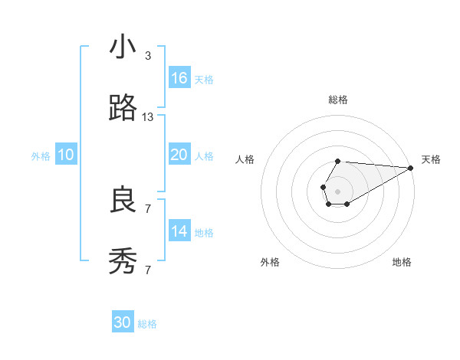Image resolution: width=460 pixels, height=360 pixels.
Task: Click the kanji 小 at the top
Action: (x=123, y=47)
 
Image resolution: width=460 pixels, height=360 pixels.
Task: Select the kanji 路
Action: (x=123, y=110)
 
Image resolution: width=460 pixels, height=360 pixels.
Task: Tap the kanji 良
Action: (x=123, y=201)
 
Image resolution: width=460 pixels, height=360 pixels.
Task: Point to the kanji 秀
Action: (x=123, y=263)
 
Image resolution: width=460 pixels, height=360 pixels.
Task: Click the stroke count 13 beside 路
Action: (x=148, y=117)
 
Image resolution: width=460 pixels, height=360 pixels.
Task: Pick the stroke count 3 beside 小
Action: (x=148, y=55)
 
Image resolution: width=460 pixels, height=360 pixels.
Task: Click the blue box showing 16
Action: (x=179, y=78)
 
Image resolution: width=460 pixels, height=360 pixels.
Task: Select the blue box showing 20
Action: (x=179, y=155)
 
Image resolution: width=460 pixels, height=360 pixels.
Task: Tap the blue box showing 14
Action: (x=179, y=231)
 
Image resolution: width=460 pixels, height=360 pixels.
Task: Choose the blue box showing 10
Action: (x=66, y=155)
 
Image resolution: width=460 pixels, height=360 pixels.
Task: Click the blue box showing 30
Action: (x=123, y=322)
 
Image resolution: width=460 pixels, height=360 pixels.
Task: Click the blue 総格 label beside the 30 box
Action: (x=147, y=324)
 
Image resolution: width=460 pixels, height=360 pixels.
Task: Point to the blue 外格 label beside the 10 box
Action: (x=41, y=156)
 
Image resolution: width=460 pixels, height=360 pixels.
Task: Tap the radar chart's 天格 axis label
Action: (x=431, y=159)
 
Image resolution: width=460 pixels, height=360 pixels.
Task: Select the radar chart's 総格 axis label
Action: (x=338, y=100)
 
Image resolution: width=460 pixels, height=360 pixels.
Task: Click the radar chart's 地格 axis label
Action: (x=402, y=262)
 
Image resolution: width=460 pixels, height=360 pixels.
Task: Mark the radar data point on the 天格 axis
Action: (x=410, y=168)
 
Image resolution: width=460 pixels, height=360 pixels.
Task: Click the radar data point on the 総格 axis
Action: (x=337, y=161)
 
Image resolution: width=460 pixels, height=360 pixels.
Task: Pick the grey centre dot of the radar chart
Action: (x=337, y=191)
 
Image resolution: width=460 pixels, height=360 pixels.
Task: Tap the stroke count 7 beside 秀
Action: (x=148, y=270)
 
